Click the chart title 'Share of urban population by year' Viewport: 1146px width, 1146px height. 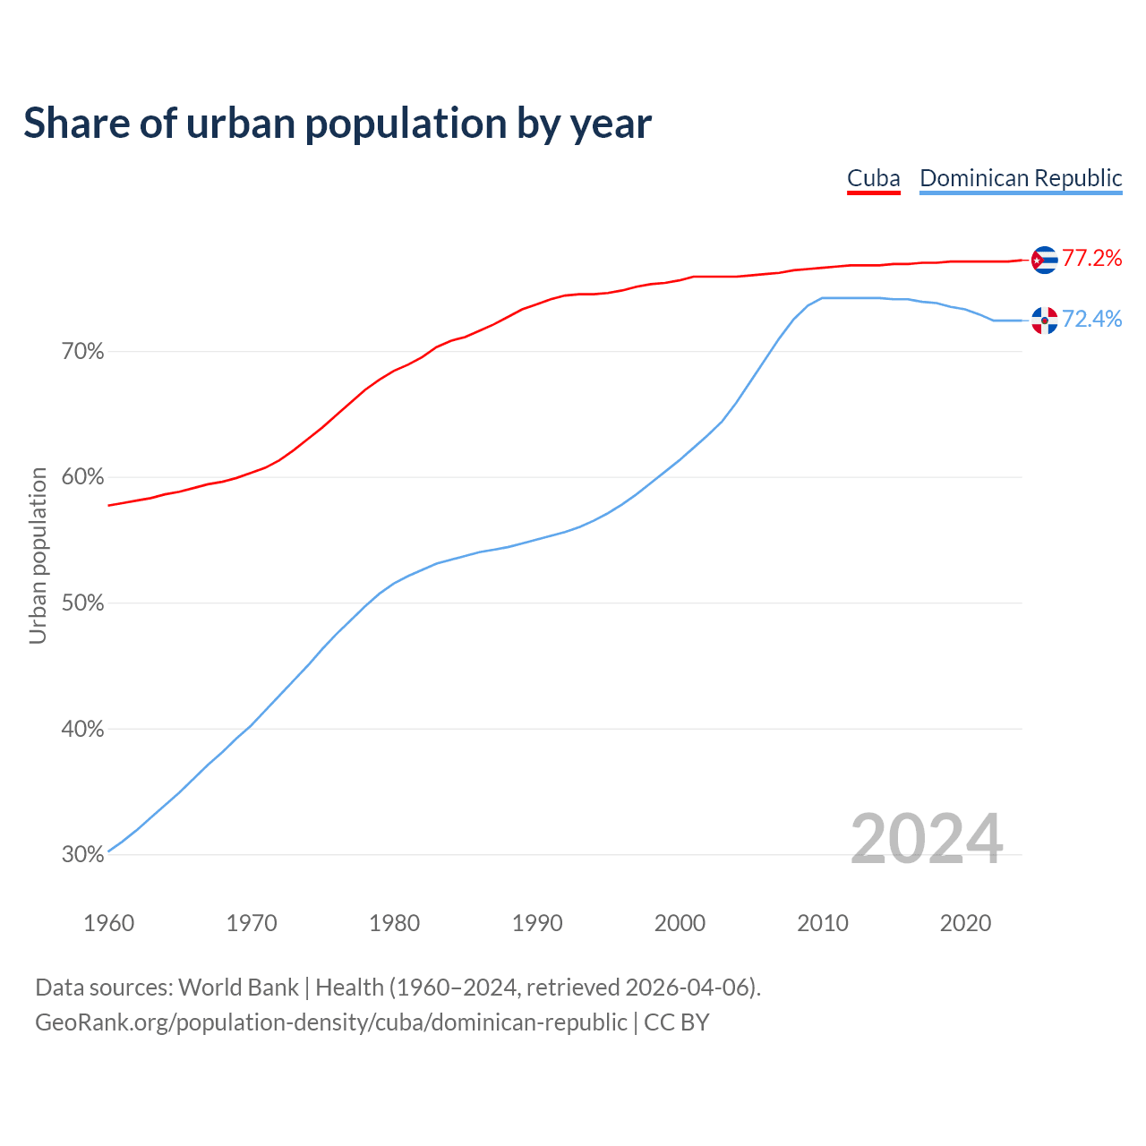coord(338,123)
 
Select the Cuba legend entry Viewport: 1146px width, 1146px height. coord(873,178)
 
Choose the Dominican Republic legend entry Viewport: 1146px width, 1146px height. coord(1021,178)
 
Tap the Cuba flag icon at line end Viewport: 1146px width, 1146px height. coord(1044,260)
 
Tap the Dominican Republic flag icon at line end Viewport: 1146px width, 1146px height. coord(1044,320)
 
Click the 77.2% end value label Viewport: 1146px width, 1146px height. coord(1091,259)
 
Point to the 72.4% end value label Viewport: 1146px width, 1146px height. coord(1091,320)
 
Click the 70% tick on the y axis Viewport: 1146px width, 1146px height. coord(83,352)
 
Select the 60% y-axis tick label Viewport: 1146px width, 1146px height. coord(83,477)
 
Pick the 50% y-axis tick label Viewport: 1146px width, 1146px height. coord(83,603)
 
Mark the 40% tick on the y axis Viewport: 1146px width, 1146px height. coord(83,730)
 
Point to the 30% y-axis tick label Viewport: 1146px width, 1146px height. coord(83,855)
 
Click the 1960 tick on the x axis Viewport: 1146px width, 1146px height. coord(109,923)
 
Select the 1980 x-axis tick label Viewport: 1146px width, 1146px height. coord(395,923)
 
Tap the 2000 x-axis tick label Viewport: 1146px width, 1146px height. coord(680,923)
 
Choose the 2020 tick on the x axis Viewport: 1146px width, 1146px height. coord(965,923)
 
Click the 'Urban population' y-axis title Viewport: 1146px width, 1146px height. coord(38,555)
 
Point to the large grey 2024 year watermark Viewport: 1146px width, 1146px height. coord(927,839)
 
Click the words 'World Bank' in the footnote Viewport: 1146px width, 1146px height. coord(238,988)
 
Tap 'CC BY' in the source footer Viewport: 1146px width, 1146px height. coord(677,1022)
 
